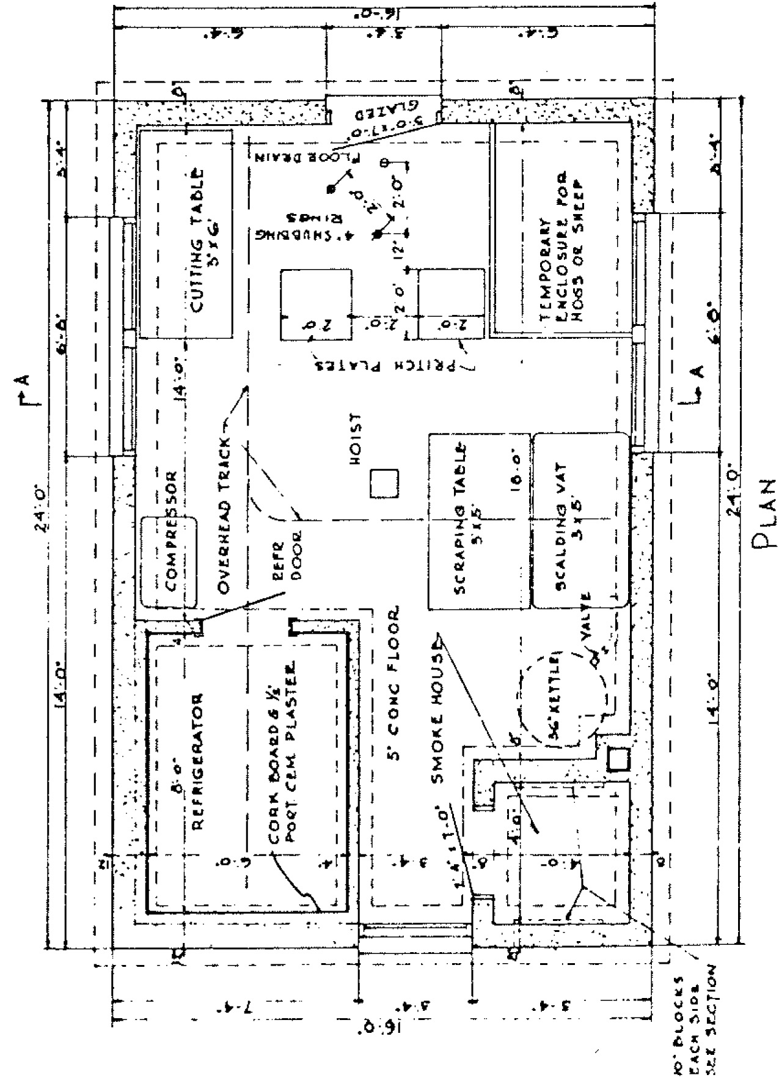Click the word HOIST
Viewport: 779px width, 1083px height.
point(357,440)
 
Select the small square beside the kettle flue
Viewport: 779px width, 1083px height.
point(617,760)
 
